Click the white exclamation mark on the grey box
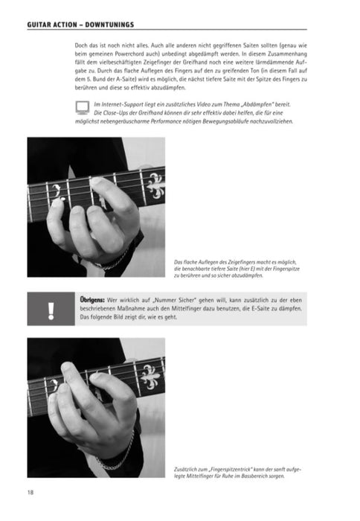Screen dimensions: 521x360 (51, 307)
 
